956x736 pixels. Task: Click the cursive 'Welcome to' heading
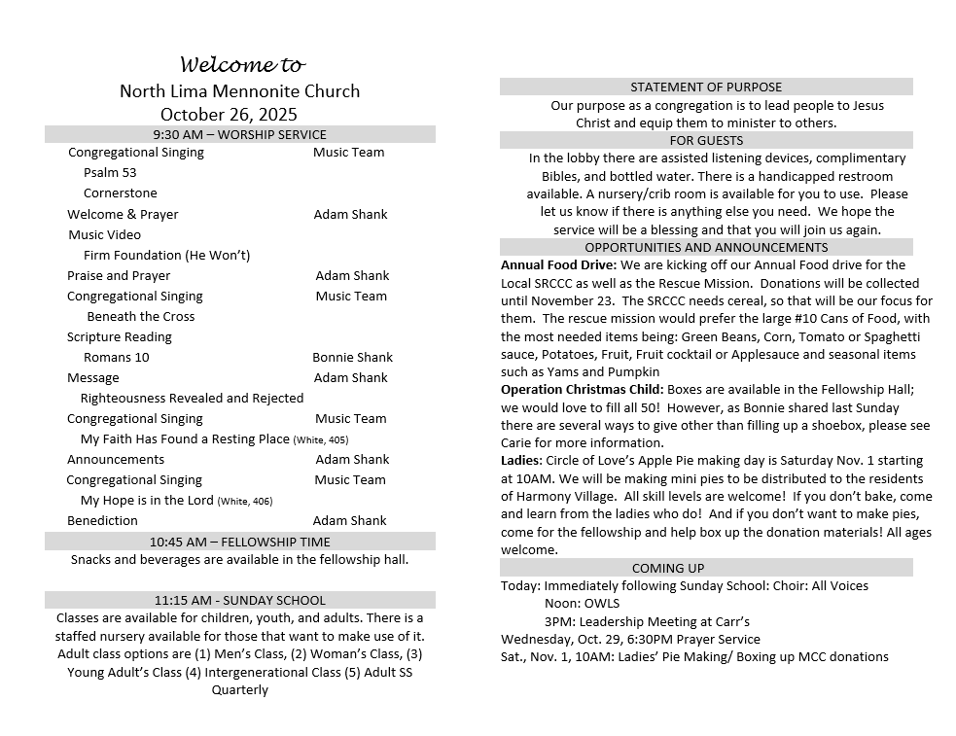pos(242,66)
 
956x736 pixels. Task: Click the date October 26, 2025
pos(229,115)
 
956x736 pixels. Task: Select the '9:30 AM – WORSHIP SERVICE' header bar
pos(239,134)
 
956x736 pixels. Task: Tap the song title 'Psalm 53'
pos(110,172)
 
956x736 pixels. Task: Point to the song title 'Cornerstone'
pos(120,193)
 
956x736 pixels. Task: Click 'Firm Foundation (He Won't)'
pos(166,255)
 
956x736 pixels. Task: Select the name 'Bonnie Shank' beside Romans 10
pos(352,357)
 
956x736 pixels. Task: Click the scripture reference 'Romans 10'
pos(117,357)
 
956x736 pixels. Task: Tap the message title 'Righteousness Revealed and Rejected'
pos(192,398)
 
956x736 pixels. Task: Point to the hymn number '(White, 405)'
pos(321,440)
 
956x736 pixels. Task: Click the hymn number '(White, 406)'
pos(245,502)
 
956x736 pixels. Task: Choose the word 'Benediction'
pos(102,520)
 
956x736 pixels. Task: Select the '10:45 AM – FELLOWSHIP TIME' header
pos(239,542)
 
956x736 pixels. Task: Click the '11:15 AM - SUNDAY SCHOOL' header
pos(239,600)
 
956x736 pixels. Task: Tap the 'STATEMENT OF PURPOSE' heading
pos(706,87)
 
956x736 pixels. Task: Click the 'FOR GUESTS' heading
pos(706,140)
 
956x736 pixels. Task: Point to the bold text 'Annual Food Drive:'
pos(558,264)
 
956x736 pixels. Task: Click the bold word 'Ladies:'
pos(521,460)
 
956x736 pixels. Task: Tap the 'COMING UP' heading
pos(668,568)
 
